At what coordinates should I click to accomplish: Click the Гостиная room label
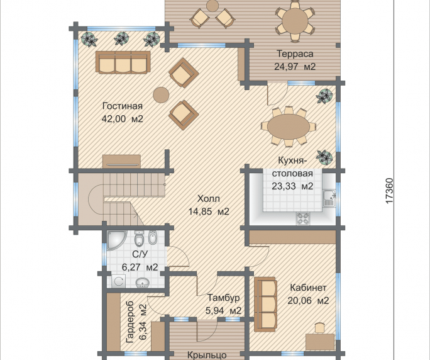point(123,106)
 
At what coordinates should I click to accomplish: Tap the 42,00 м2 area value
point(123,119)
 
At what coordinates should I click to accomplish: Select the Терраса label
point(295,54)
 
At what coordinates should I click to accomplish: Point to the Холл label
point(209,198)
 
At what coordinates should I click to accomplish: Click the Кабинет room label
point(308,288)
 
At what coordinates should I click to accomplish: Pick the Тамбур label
point(223,298)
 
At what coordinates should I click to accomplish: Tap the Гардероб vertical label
point(130,322)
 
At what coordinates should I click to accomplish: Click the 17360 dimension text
point(389,191)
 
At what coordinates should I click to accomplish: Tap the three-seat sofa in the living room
point(123,62)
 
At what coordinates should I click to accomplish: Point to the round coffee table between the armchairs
point(161,95)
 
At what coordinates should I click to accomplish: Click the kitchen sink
point(329,198)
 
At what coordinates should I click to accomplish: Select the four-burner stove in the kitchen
point(303,218)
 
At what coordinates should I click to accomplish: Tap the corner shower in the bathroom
point(117,240)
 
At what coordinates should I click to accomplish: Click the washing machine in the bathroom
point(118,281)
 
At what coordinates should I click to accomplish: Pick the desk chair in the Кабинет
point(319,328)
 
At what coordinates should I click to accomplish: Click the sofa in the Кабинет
point(265,304)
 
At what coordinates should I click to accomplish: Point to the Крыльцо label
point(207,355)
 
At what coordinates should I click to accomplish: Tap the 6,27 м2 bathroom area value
point(140,267)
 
